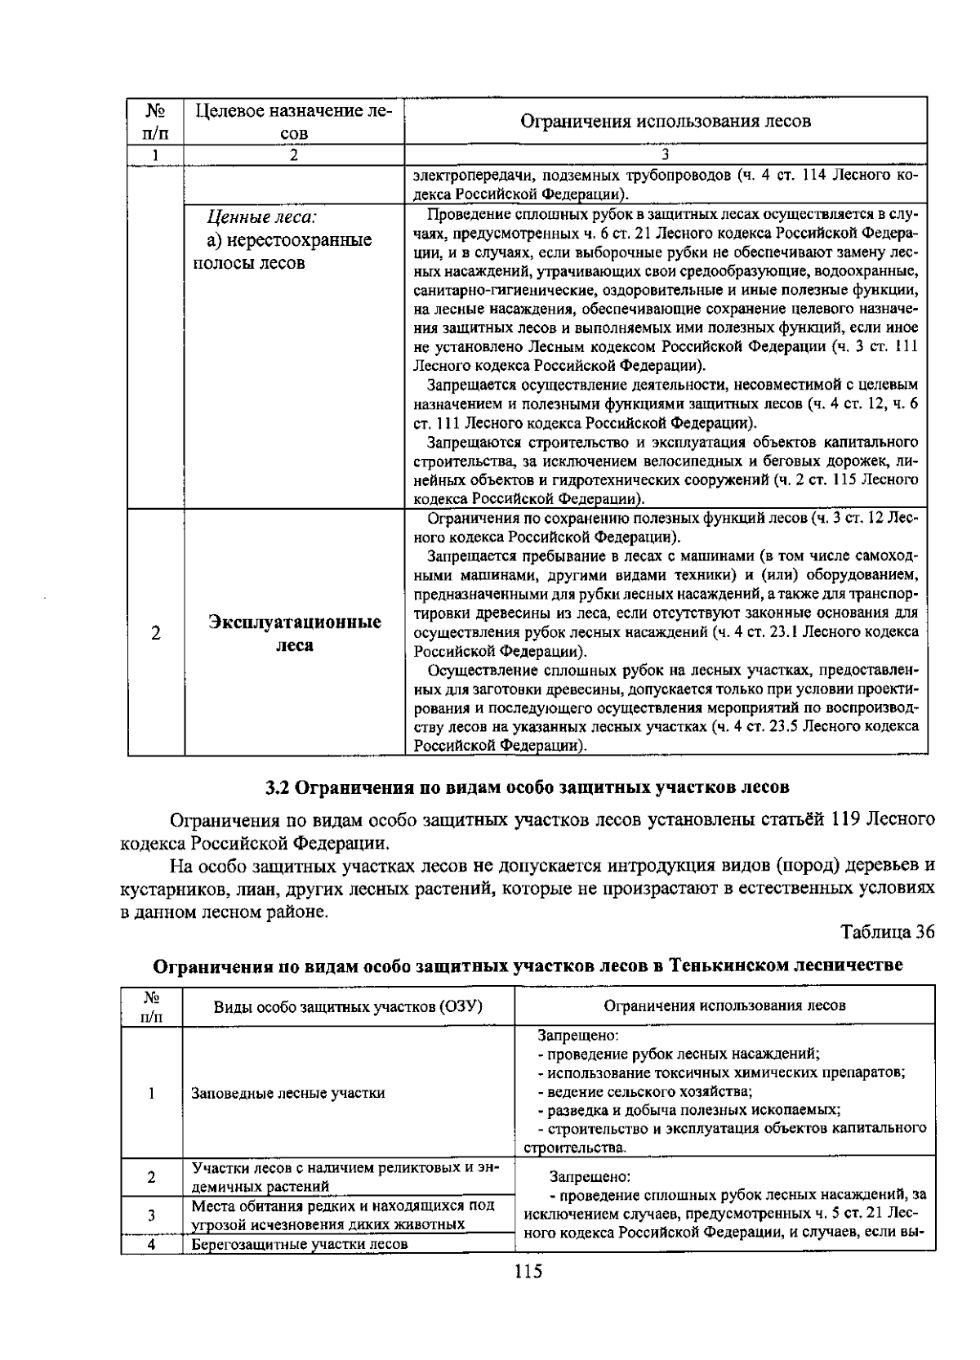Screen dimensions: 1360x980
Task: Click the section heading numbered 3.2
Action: pos(528,787)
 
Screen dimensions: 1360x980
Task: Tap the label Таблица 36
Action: pos(887,932)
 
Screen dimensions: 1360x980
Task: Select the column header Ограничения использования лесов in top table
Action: pos(666,122)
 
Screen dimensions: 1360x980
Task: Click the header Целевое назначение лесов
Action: pos(294,121)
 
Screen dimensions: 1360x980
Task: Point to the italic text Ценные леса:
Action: pos(261,217)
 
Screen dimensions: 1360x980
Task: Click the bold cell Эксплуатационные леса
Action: pos(294,634)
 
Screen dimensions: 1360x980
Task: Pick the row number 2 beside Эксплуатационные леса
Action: pos(155,634)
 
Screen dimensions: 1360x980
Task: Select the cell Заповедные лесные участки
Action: pos(288,1093)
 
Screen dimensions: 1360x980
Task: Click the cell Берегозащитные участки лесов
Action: pos(299,1245)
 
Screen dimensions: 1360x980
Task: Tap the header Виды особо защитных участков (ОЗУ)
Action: pos(349,1006)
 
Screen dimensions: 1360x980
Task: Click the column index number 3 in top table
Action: pos(666,154)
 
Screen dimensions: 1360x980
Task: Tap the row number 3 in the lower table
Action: pos(152,1215)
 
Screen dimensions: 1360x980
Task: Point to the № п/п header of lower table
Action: pos(152,1006)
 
